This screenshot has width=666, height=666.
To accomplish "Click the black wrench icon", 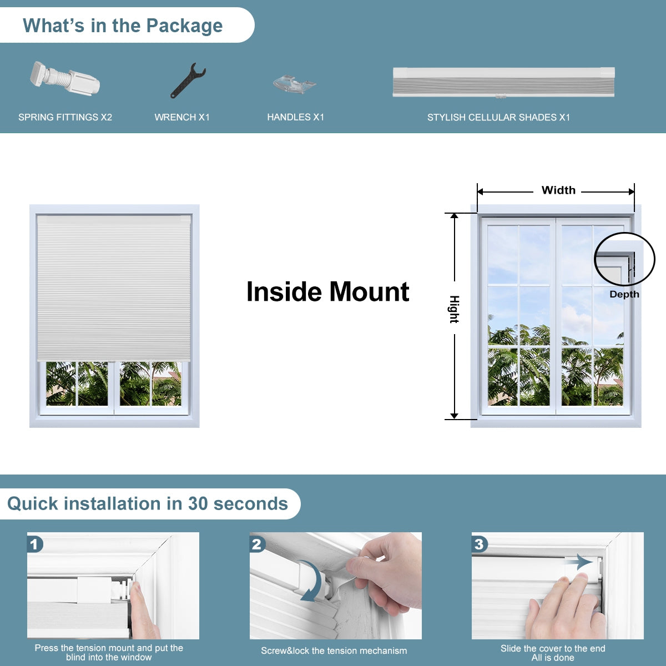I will [x=188, y=81].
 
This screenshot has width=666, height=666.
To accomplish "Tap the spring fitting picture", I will [x=65, y=80].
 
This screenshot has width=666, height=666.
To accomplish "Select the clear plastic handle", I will [x=294, y=84].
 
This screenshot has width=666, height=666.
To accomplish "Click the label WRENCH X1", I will [x=182, y=117].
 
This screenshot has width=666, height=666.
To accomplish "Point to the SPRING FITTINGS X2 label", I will [x=65, y=117].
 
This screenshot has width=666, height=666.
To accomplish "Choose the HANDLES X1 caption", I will [x=295, y=117].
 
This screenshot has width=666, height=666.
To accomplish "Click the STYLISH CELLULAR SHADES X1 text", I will [x=498, y=117].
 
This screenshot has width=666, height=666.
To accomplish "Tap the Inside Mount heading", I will [x=327, y=292].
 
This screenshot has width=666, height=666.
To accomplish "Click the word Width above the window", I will [x=558, y=190].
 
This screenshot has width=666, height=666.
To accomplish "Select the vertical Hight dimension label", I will [x=454, y=310].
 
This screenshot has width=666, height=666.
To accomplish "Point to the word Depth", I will [x=624, y=294].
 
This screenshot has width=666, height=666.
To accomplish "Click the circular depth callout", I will [x=624, y=259].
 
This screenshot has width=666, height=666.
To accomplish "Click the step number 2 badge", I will [x=257, y=544].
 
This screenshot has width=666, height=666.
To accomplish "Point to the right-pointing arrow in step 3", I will [x=579, y=562].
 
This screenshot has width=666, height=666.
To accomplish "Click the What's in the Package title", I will [x=123, y=26].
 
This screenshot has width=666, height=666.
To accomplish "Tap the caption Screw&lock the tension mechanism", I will [x=334, y=650].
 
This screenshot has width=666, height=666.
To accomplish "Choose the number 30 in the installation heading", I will [x=198, y=503].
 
